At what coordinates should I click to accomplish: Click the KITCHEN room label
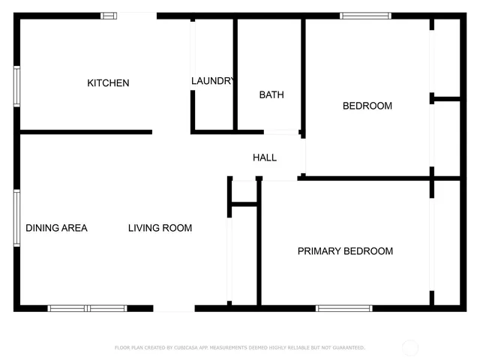click(108, 83)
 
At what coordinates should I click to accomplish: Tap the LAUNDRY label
click(213, 81)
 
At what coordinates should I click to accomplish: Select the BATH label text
click(271, 94)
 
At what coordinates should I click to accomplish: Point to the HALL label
click(265, 157)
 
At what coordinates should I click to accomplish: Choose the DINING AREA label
click(57, 228)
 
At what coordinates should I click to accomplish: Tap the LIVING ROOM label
click(160, 228)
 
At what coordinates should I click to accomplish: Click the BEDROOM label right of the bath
click(367, 106)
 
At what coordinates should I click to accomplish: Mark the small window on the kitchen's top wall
click(109, 15)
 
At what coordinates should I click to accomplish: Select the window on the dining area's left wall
click(16, 217)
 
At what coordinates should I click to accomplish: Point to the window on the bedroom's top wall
click(365, 15)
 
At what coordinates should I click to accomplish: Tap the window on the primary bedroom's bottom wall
click(343, 307)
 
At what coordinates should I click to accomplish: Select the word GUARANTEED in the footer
click(346, 348)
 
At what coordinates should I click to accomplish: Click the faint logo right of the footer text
click(410, 347)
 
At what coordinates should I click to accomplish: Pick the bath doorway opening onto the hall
click(281, 133)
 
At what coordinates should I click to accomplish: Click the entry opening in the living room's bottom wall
click(174, 307)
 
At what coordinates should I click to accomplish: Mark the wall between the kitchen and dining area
click(85, 132)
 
